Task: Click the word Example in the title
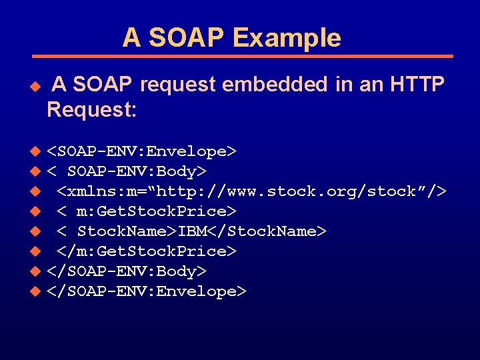[x=287, y=38]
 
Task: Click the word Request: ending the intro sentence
[x=92, y=110]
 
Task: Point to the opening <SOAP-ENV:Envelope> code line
[x=142, y=152]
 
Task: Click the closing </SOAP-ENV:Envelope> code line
[x=147, y=291]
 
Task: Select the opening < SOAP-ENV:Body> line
[x=127, y=172]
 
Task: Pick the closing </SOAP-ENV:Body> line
[x=127, y=271]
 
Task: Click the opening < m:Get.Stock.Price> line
[x=147, y=212]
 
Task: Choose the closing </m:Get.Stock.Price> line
[x=147, y=251]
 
